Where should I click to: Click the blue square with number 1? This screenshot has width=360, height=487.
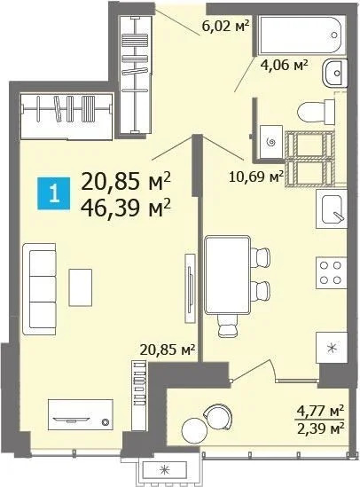tap(55, 194)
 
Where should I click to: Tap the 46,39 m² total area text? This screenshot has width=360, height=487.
tap(125, 208)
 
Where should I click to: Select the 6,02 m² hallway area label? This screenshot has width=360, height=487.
tap(223, 26)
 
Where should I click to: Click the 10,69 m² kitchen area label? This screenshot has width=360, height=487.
tap(256, 176)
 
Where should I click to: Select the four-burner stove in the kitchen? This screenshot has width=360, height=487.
tap(331, 272)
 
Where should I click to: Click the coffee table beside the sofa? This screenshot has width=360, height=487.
tap(82, 286)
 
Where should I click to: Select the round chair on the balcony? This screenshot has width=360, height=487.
tap(215, 416)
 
